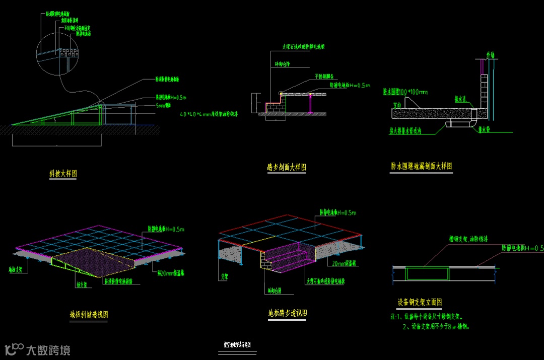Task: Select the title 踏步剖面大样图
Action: (x=287, y=167)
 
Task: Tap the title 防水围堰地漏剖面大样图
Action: (x=421, y=166)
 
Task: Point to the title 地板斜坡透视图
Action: (x=89, y=315)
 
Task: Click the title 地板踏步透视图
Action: (x=288, y=313)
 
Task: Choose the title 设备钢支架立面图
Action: (x=420, y=303)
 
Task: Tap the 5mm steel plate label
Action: (x=164, y=105)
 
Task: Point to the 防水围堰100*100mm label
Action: (x=405, y=92)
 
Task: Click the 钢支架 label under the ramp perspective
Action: (x=82, y=284)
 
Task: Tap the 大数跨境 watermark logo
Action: (x=37, y=349)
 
